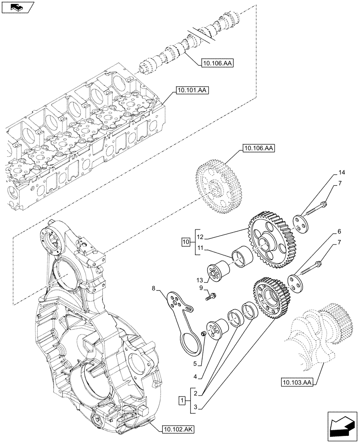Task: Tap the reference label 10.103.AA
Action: click(297, 381)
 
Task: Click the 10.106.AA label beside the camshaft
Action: click(217, 63)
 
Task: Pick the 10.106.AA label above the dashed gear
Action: click(258, 148)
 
